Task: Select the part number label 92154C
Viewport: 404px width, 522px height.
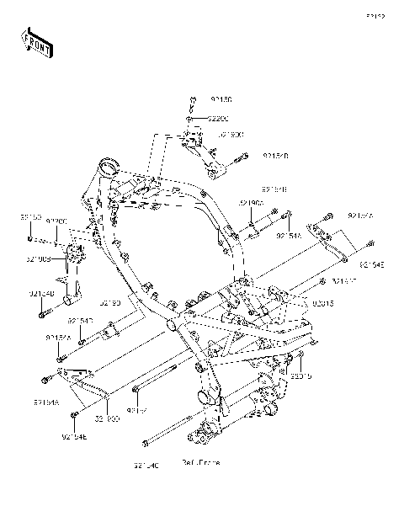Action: coord(146,466)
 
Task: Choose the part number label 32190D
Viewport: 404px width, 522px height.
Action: coord(107,418)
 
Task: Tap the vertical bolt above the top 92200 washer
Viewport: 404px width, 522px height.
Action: coord(192,103)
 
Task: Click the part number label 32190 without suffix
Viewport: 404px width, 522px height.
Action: coord(111,301)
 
